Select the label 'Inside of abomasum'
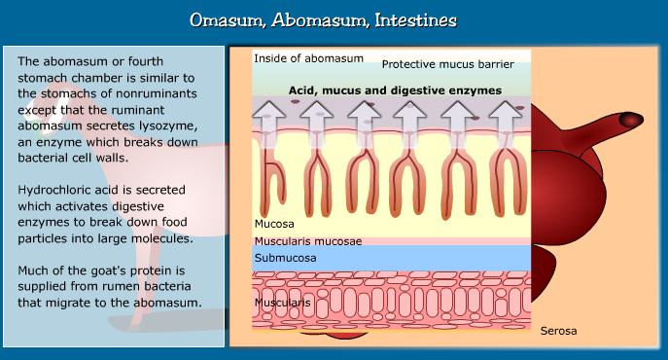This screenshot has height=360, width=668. click(x=308, y=58)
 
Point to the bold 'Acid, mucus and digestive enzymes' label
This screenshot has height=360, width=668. click(x=395, y=90)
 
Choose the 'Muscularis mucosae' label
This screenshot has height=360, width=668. click(x=308, y=240)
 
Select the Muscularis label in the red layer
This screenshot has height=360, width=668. click(x=283, y=303)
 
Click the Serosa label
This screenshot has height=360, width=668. click(x=558, y=331)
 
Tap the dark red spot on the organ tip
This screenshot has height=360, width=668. click(x=633, y=120)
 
